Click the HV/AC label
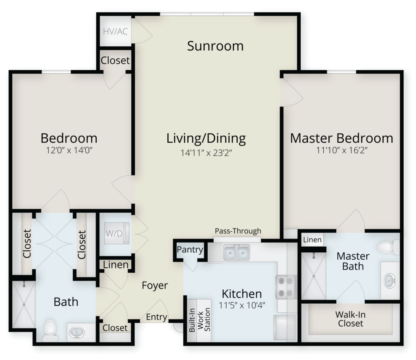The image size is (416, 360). tap(115, 32)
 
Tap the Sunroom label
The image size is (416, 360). tap(215, 46)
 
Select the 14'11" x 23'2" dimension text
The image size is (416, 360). tap(206, 153)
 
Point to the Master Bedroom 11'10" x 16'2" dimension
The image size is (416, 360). tap(341, 150)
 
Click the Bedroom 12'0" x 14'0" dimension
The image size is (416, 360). tap(69, 150)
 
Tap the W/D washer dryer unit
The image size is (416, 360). tap(117, 233)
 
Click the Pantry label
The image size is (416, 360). tap(190, 249)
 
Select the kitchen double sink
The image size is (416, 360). tap(236, 252)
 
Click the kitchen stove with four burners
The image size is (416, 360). tap(286, 287)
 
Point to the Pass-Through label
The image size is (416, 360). tap(238, 231)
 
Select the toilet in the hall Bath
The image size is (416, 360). tap(50, 331)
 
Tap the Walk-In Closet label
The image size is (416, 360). tap(351, 319)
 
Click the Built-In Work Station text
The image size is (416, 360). tap(200, 320)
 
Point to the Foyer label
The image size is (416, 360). tap(155, 286)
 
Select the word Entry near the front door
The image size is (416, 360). tap(156, 317)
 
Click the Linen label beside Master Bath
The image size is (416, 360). tap(312, 240)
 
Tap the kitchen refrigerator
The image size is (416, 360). tap(285, 327)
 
